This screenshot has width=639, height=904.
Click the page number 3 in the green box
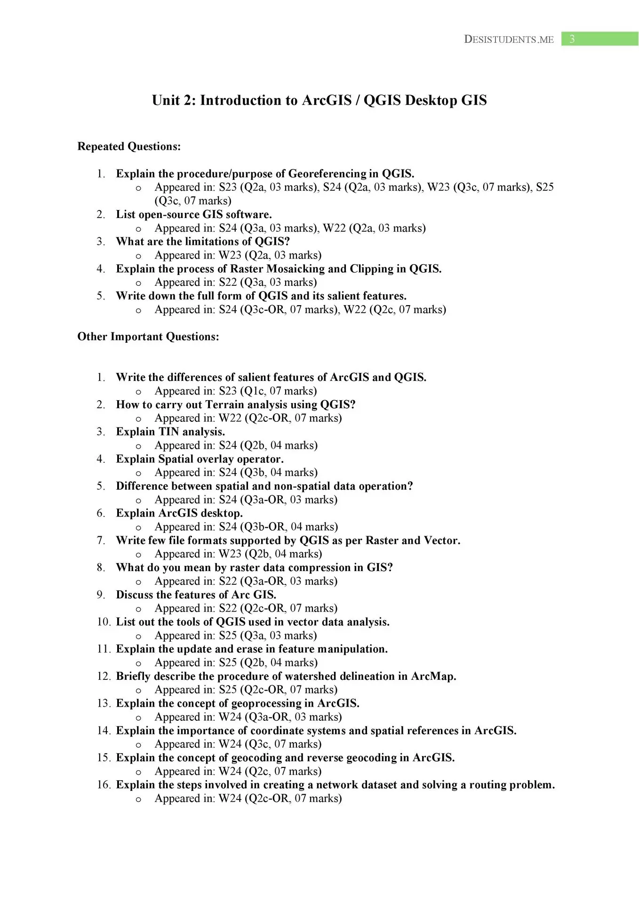pyautogui.click(x=572, y=39)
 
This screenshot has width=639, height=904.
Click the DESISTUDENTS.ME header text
pyautogui.click(x=509, y=40)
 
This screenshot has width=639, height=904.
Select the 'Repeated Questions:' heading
pyautogui.click(x=129, y=146)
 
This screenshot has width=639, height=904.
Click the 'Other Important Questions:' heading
pyautogui.click(x=148, y=337)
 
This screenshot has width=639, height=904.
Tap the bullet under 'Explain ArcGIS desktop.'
pyautogui.click(x=138, y=527)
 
